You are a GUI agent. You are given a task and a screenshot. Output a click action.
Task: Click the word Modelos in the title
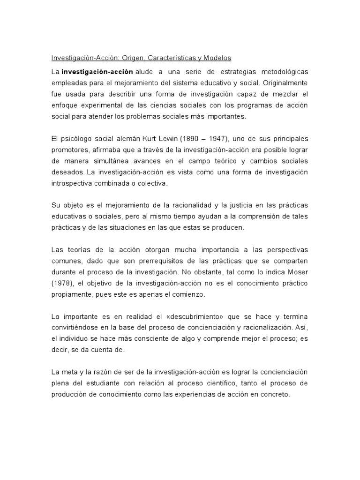[x=216, y=58]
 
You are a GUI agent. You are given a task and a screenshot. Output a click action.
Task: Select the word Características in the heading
[x=169, y=58]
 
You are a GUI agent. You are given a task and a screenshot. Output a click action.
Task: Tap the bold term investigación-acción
[x=97, y=72]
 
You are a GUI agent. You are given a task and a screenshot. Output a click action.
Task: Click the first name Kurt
[x=150, y=139]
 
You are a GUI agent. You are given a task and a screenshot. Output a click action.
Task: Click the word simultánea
[x=103, y=161]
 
